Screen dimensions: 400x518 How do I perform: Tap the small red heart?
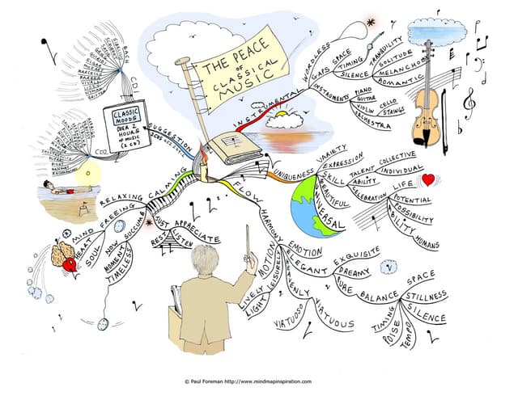click(429, 179)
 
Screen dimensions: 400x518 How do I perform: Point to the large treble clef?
click(468, 101)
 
